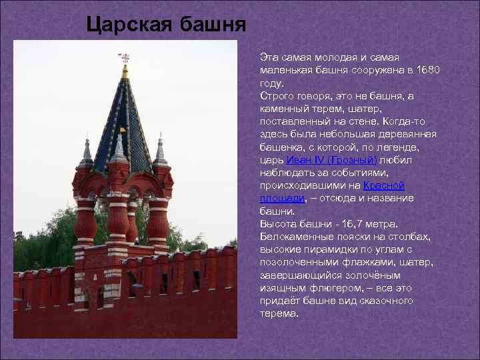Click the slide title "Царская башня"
point(167,25)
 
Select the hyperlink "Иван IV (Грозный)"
point(331,160)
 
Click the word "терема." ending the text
point(279,313)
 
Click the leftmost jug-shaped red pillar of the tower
point(85,217)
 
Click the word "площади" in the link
point(281,199)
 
